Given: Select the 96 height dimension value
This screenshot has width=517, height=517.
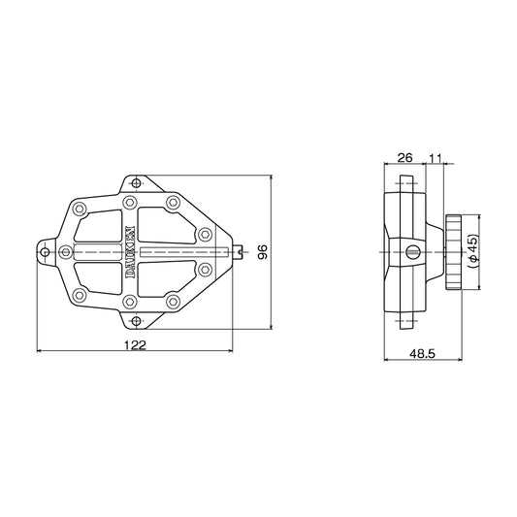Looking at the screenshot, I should click(x=262, y=253).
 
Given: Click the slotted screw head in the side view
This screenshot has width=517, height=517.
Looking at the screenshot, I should click(x=414, y=253).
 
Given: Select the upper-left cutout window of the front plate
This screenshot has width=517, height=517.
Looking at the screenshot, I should click(x=102, y=229).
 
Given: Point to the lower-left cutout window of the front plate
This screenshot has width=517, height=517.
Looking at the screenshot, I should click(x=102, y=277).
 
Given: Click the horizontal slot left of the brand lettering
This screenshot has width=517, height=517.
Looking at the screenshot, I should click(x=97, y=254).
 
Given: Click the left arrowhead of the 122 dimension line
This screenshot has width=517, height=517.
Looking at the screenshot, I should click(x=40, y=351).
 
